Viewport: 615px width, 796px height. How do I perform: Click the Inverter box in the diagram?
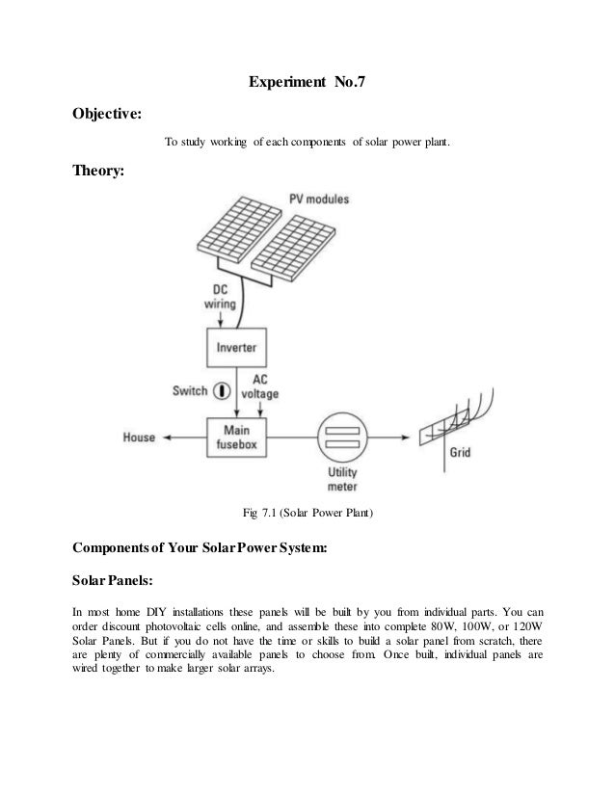[x=236, y=347]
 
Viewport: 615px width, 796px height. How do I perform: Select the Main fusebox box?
[x=236, y=435]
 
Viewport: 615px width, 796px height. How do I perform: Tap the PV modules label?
[x=321, y=199]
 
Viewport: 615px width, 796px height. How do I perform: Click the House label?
[x=139, y=437]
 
